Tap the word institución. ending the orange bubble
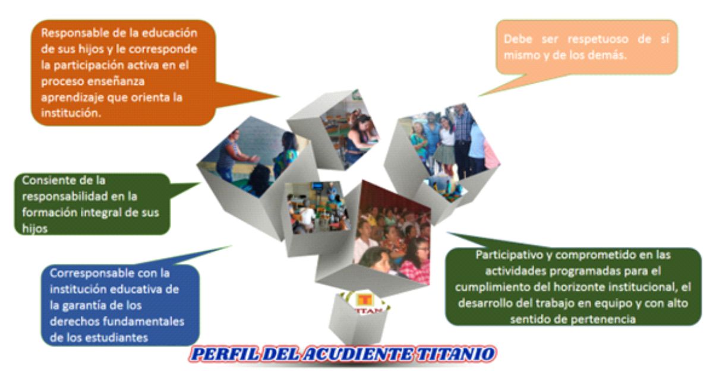pyautogui.click(x=71, y=113)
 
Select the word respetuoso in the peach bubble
pyautogui.click(x=598, y=39)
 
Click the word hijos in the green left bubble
pyautogui.click(x=34, y=229)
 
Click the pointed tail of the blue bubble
pyautogui.click(x=230, y=247)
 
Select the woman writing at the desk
pyautogui.click(x=359, y=140)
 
